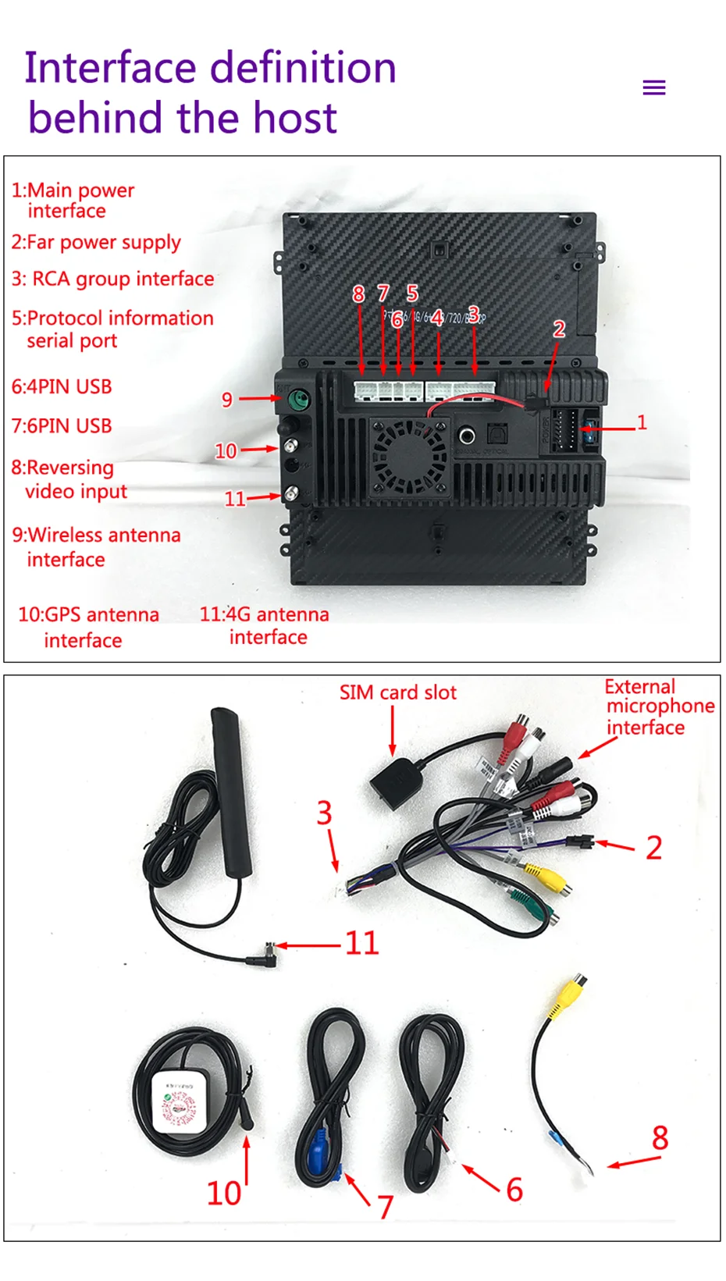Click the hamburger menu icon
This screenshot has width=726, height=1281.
click(x=653, y=87)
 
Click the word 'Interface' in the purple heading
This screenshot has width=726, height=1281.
click(x=109, y=68)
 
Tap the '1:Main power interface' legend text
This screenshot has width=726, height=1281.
click(x=72, y=201)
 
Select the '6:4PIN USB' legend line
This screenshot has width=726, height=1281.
click(x=62, y=386)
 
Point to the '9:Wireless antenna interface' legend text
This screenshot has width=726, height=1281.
click(x=95, y=546)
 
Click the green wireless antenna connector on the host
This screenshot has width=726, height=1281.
click(x=298, y=400)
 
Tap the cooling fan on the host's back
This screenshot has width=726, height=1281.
click(x=408, y=456)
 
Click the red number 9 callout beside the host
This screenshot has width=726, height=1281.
click(x=227, y=400)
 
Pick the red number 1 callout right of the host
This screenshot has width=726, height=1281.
click(x=642, y=422)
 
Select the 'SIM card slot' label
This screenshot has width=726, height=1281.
click(x=397, y=692)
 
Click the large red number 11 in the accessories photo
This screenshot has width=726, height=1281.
click(x=361, y=943)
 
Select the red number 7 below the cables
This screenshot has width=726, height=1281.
click(x=385, y=1207)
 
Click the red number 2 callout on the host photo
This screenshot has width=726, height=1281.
click(x=559, y=329)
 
